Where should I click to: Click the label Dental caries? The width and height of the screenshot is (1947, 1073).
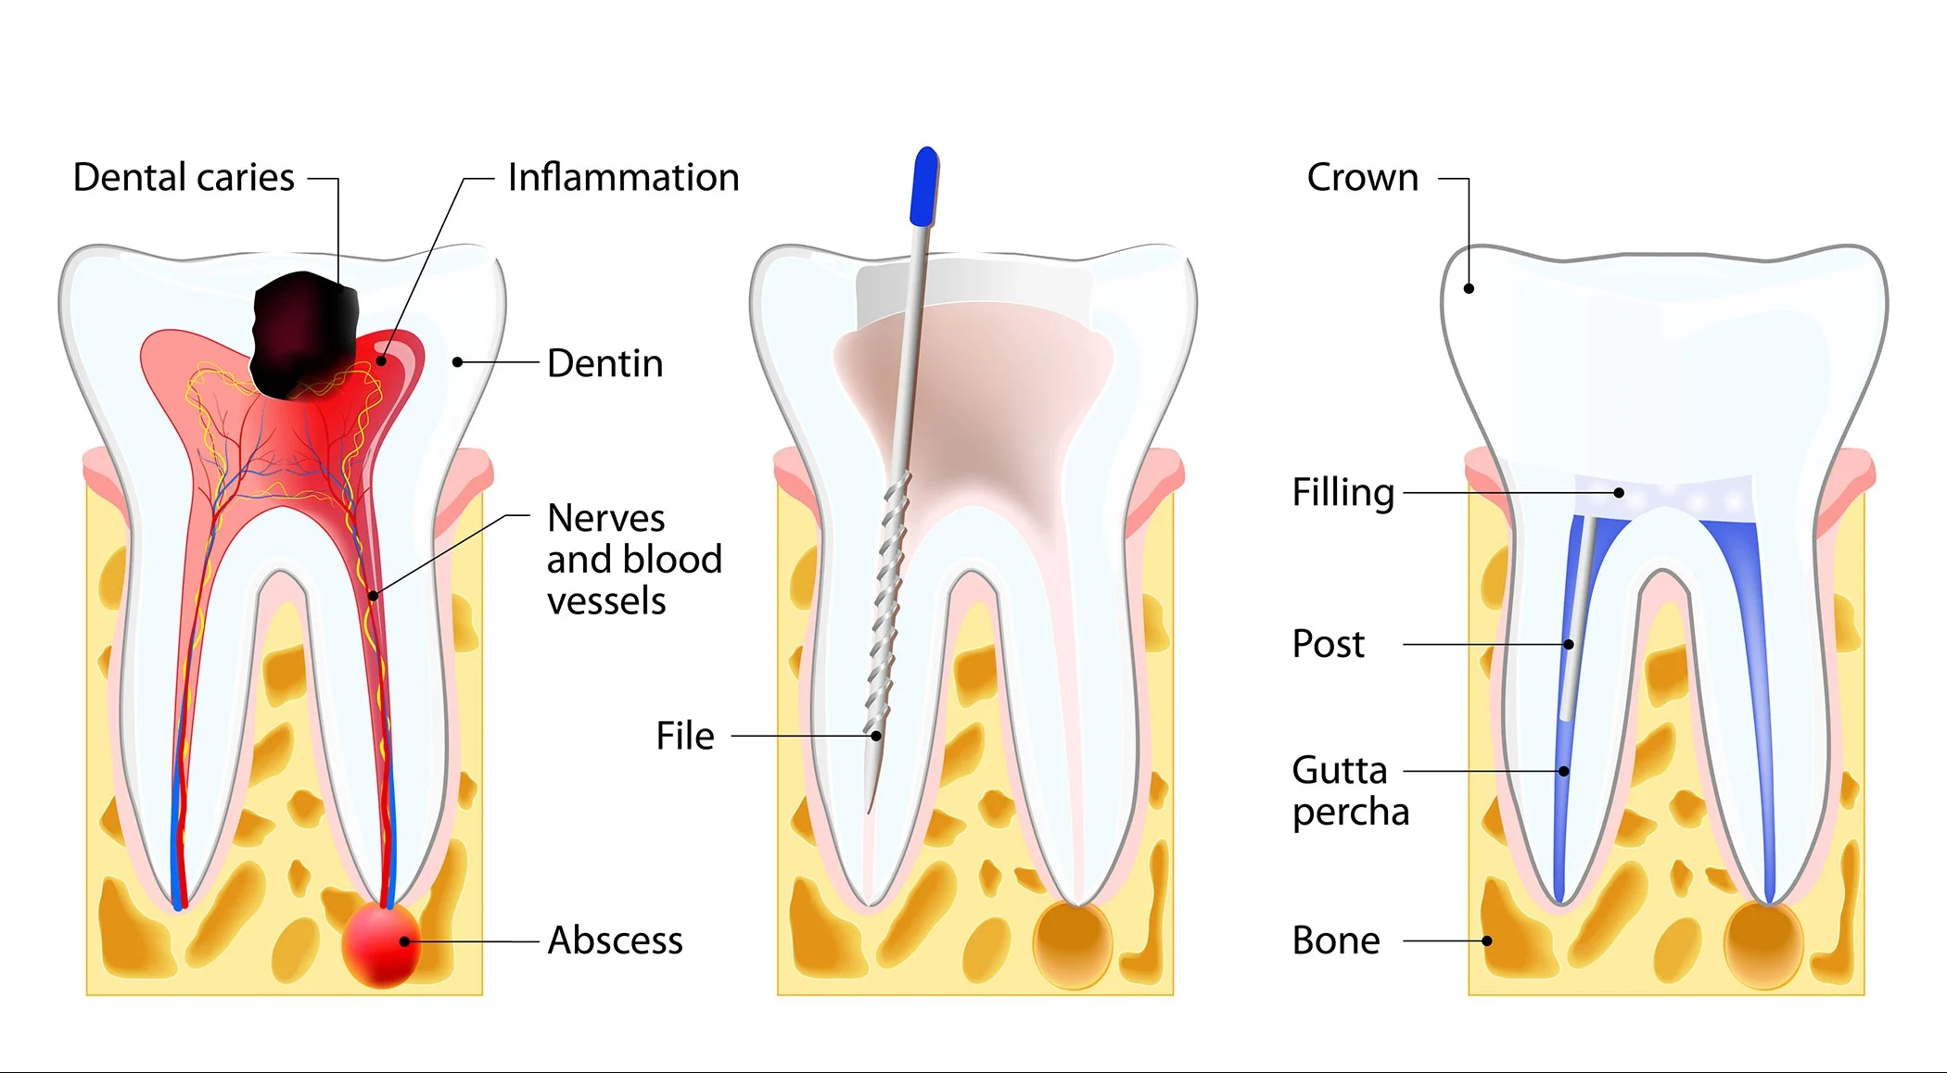pos(184,177)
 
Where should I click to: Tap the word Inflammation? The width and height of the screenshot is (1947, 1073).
pos(623,177)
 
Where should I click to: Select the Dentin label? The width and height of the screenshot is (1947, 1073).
pos(604,363)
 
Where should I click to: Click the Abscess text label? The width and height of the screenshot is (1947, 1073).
pos(615,940)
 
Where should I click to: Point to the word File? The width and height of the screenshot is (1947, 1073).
pos(684,736)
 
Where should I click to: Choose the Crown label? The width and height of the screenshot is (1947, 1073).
pos(1362,177)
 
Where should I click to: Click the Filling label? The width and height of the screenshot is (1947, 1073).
pos(1343,492)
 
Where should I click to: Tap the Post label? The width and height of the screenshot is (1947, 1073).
pos(1328,644)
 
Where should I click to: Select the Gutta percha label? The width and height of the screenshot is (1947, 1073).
pos(1350,790)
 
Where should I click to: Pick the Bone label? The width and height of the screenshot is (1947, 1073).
pos(1335,940)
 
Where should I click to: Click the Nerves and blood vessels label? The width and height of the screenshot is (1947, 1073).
pos(633,559)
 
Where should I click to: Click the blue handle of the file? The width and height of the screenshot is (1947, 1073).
pos(924,186)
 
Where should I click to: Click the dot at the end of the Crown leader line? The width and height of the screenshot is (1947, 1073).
pos(1469,288)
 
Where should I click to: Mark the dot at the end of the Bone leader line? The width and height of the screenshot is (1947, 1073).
pos(1487,940)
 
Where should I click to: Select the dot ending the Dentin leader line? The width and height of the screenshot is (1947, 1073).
pos(457,362)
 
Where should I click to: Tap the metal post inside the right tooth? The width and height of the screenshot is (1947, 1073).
pos(1574,630)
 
